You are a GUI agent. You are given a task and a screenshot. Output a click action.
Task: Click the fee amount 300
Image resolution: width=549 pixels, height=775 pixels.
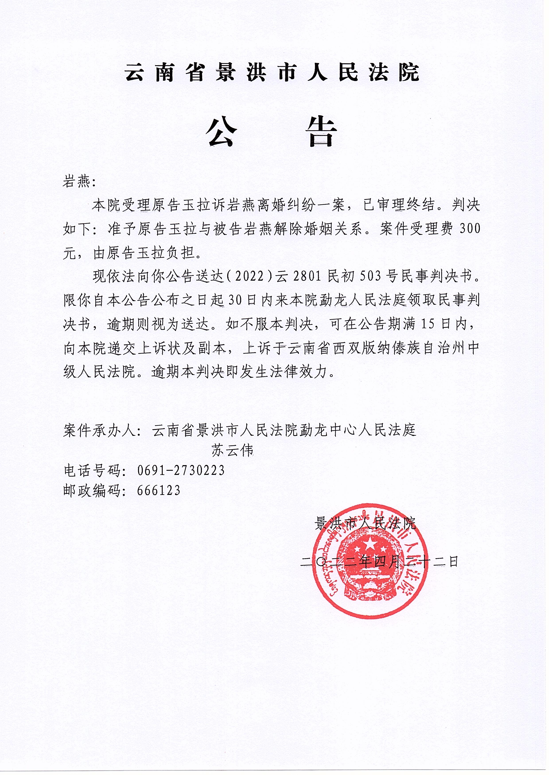point(470,229)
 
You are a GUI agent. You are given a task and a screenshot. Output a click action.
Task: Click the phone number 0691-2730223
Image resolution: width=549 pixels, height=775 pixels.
point(181,470)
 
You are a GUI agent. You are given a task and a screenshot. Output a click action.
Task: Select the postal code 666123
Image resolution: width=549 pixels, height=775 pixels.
point(159,490)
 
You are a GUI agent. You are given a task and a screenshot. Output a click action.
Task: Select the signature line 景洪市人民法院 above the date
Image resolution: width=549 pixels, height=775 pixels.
point(365,524)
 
